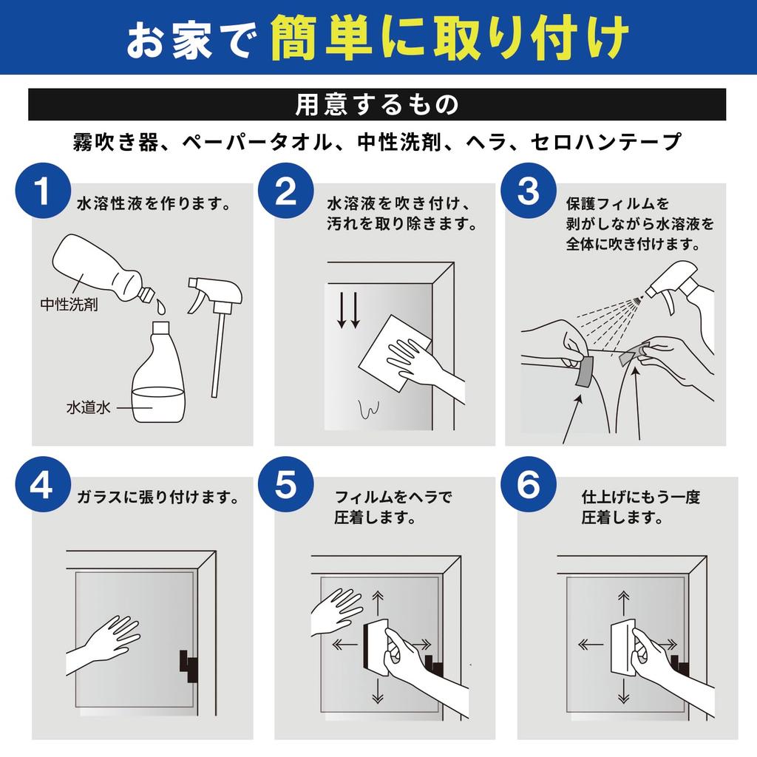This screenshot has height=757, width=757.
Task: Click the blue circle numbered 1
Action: pyautogui.click(x=43, y=191)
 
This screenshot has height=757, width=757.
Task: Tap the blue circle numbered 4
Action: pyautogui.click(x=43, y=486)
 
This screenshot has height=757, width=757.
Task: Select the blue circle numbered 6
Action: pyautogui.click(x=528, y=486)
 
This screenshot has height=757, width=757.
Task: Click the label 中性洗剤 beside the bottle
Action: pyautogui.click(x=69, y=305)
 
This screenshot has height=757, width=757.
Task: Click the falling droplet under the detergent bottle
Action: pyautogui.click(x=161, y=305)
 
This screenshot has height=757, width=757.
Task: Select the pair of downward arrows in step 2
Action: pyautogui.click(x=347, y=311)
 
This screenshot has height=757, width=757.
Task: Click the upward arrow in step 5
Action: pyautogui.click(x=379, y=601)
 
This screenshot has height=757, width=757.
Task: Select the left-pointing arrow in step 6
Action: pyautogui.click(x=590, y=645)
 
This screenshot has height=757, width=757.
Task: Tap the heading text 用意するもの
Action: pyautogui.click(x=378, y=104)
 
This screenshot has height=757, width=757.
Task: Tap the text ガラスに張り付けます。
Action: pyautogui.click(x=158, y=498)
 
